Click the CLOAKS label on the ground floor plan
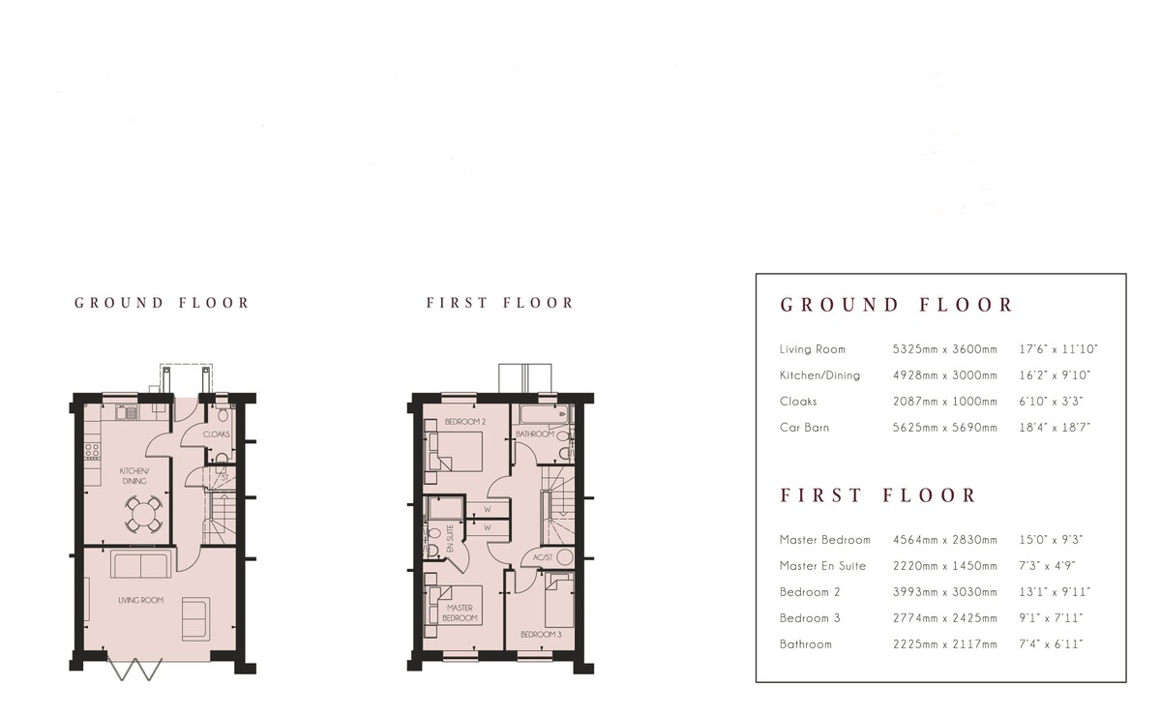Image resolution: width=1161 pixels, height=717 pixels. coord(217,434)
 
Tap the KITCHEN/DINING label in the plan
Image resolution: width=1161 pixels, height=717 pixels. coord(133,474)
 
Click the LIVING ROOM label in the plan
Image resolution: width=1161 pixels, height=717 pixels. coord(140,600)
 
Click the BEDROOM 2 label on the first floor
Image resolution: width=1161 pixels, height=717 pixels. coord(464,423)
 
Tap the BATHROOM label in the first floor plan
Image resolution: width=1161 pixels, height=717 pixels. coord(534,434)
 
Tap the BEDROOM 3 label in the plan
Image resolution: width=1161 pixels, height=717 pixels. coord(541,635)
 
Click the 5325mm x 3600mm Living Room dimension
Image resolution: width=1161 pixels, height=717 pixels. coord(944,349)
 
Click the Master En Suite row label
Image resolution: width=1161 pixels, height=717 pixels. coord(822,566)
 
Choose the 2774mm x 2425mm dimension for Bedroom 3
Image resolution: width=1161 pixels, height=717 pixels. coord(944,617)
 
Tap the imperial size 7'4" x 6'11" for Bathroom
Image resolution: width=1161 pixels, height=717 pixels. coord(1052,643)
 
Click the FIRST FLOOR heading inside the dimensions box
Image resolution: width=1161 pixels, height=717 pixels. coord(879,495)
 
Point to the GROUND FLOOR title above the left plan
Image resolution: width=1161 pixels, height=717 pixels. coord(162,303)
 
